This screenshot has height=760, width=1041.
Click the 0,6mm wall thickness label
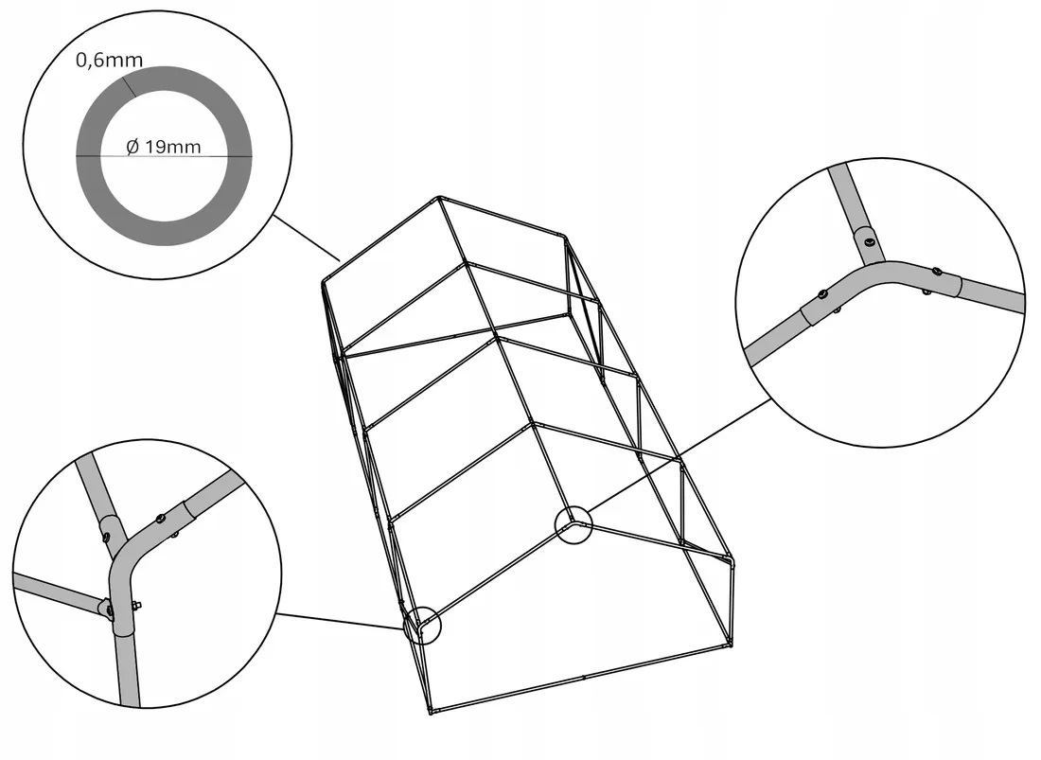(x=109, y=61)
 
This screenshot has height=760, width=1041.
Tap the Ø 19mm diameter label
(x=164, y=146)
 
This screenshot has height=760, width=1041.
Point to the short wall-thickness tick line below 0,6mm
(x=129, y=86)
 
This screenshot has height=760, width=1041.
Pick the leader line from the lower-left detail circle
(x=340, y=621)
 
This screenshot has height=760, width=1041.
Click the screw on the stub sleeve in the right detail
(x=869, y=241)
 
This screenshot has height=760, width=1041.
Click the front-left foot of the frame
(x=431, y=713)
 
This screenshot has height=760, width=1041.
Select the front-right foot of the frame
(x=730, y=643)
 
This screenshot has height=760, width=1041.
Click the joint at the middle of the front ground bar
(x=583, y=677)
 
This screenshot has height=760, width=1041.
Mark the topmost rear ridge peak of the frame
(x=439, y=197)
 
